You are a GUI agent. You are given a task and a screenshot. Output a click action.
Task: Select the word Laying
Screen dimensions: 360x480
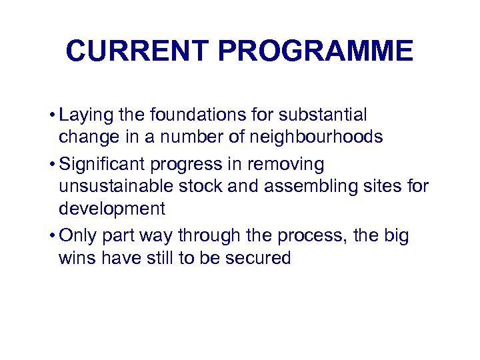[85, 116]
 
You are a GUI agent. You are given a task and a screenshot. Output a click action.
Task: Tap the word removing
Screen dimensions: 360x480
[291, 164]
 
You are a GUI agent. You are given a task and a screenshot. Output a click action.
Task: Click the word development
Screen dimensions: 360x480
[112, 209]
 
